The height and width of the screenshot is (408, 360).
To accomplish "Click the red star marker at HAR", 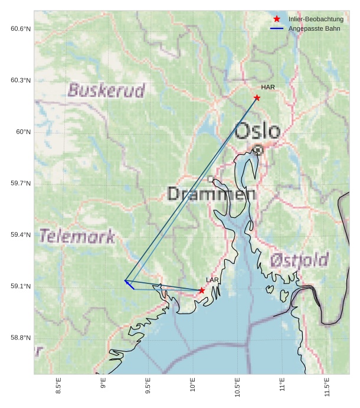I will [x=257, y=97].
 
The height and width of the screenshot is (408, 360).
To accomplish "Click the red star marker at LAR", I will [x=202, y=291].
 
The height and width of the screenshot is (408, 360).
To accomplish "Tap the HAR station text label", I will [x=268, y=87].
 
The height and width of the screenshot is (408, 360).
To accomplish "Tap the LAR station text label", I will [x=212, y=280].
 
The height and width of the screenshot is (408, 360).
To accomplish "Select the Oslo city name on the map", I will [x=257, y=130].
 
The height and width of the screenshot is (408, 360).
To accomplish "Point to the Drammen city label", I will [x=211, y=194].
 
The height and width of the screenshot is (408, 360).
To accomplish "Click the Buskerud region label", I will [x=106, y=90].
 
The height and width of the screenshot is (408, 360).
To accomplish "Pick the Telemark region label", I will [x=77, y=236].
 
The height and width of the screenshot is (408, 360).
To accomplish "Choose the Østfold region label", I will [x=299, y=260].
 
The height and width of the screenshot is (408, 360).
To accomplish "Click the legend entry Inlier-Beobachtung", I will [x=316, y=19].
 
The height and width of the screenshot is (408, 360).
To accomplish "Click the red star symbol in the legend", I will [x=277, y=19].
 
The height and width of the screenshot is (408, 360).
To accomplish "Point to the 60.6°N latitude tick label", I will [x=20, y=29].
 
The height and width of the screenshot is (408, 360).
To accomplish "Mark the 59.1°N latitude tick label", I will [x=20, y=286].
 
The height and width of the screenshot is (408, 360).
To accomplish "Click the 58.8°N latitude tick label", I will [x=20, y=338].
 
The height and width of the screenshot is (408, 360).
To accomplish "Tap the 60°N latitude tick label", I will [x=23, y=132].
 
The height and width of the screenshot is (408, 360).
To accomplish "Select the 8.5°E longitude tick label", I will [x=58, y=385].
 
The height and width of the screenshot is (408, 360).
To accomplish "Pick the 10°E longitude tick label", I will [x=192, y=384].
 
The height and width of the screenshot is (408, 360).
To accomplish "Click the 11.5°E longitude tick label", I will [x=327, y=385].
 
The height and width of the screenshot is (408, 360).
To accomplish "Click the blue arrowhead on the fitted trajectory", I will [x=127, y=283].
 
